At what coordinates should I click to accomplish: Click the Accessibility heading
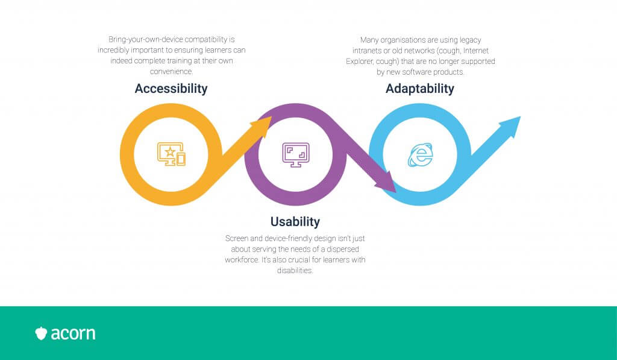tap(171, 89)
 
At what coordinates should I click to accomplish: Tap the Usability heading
tap(295, 222)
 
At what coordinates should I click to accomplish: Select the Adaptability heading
tap(420, 89)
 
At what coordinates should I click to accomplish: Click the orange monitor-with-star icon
tap(171, 154)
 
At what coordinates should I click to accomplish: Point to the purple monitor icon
tap(296, 155)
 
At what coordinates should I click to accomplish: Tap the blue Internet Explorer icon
tap(420, 155)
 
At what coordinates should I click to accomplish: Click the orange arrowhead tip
tap(271, 116)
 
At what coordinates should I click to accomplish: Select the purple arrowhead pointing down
tap(386, 182)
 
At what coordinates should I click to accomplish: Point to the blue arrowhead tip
tap(520, 117)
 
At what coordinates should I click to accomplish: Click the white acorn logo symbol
tap(41, 333)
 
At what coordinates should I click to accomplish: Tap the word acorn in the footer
tap(73, 333)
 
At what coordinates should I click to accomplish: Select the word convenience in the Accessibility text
tap(171, 71)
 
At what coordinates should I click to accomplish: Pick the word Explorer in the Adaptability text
tap(360, 62)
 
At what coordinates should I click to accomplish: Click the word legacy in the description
tap(470, 40)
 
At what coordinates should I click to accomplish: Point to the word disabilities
tap(295, 271)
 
